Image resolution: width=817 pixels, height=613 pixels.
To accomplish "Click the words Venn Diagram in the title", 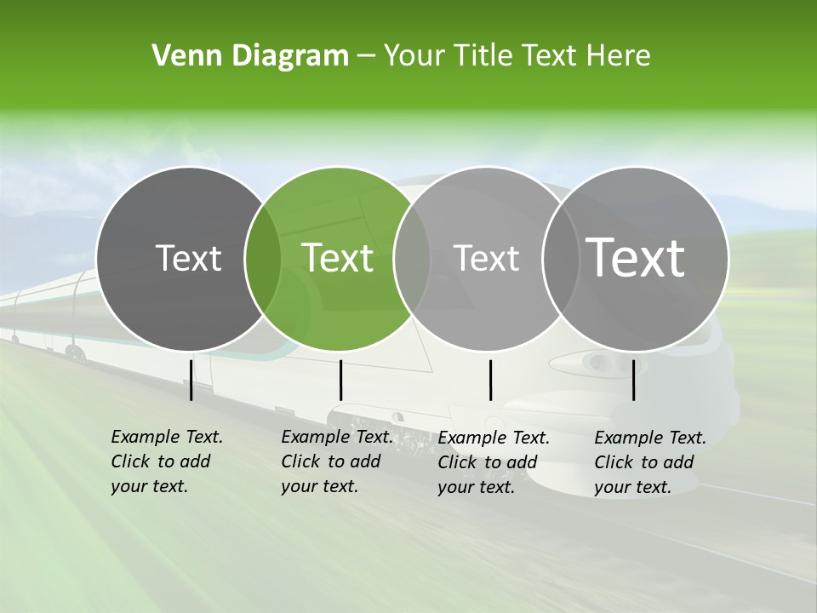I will (250, 56).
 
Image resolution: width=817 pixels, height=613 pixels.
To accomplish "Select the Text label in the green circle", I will (338, 258).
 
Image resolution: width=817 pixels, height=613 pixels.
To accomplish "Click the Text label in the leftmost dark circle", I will (188, 258).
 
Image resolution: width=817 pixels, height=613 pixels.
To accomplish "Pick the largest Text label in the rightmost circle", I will (635, 257).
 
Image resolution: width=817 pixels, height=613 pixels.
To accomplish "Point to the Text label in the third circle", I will (486, 258).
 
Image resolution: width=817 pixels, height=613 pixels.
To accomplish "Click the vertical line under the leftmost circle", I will (191, 379).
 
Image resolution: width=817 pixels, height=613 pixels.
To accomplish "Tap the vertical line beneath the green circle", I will (340, 380).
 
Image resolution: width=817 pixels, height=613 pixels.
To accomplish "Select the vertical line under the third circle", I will (490, 380).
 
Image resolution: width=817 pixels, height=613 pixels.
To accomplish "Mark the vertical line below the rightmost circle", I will (634, 380).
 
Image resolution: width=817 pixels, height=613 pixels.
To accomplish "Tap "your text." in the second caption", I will (319, 486).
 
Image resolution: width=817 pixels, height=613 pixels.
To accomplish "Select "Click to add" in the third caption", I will (488, 462).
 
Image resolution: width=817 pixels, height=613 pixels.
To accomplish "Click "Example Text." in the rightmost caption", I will (650, 438).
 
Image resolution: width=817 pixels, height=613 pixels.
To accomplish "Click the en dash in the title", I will (366, 56).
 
